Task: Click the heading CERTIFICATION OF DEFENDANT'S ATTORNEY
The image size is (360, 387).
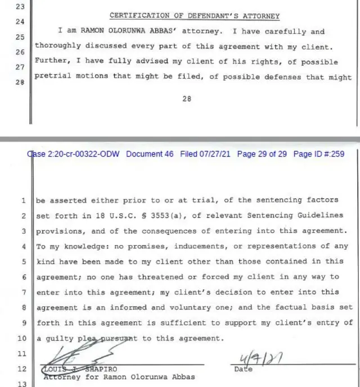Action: pyautogui.click(x=194, y=15)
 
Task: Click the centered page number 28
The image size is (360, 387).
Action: pyautogui.click(x=187, y=98)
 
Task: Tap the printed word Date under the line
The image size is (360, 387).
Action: pyautogui.click(x=243, y=369)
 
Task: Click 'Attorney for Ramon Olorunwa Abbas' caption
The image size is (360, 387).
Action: pyautogui.click(x=119, y=377)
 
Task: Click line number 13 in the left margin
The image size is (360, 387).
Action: pyautogui.click(x=22, y=384)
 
